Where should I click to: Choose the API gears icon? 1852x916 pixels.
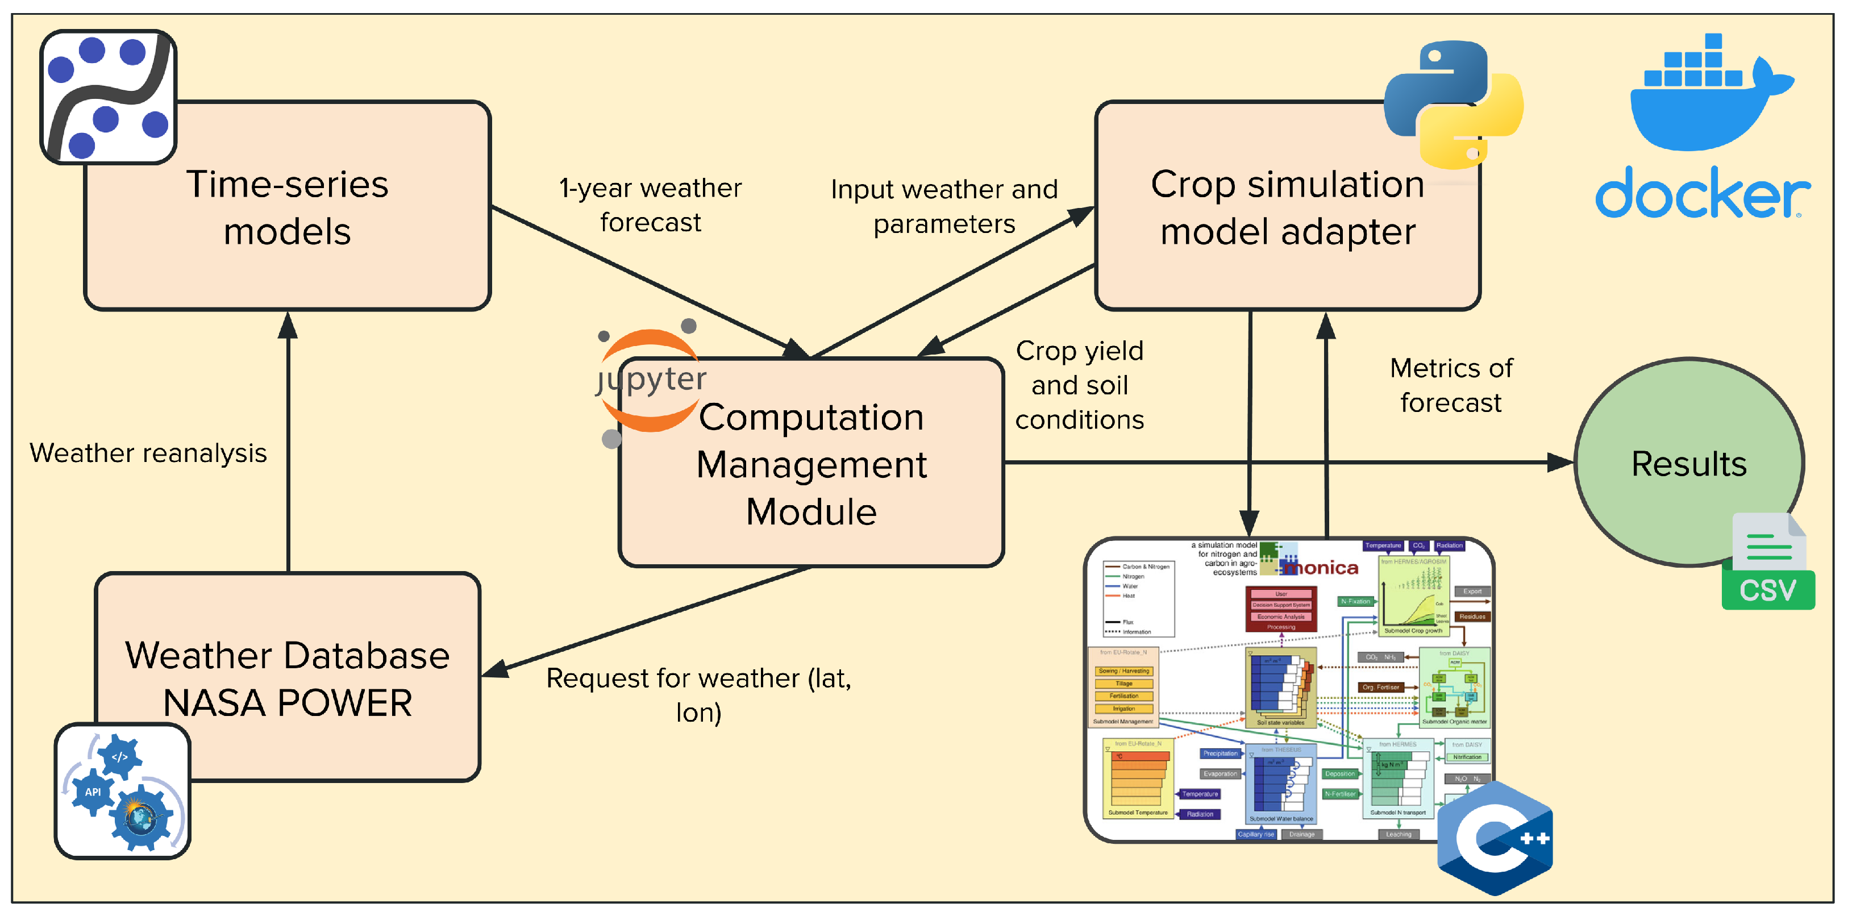[x=122, y=791]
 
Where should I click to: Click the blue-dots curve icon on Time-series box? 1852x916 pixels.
[x=109, y=97]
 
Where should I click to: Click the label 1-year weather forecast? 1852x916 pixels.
[x=650, y=205]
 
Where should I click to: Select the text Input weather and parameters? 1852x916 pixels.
[x=944, y=206]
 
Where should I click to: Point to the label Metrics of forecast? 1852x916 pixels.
[x=1451, y=385]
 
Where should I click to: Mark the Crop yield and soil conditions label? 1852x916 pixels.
[x=1079, y=385]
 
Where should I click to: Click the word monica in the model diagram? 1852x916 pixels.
[x=1321, y=568]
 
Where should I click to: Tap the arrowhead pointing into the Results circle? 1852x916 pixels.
[x=1560, y=463]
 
